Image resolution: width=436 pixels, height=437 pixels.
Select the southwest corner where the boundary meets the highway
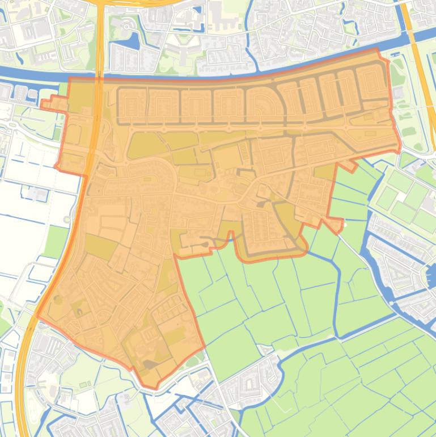pos(37,316)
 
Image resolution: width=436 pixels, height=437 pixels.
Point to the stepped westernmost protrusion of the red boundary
pos(44,103)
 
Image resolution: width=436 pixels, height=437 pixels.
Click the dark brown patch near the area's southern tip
pos(150,365)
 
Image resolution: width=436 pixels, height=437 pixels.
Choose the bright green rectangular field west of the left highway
pos(56,241)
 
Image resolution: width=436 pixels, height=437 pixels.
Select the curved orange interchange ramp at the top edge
pos(136,3)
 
